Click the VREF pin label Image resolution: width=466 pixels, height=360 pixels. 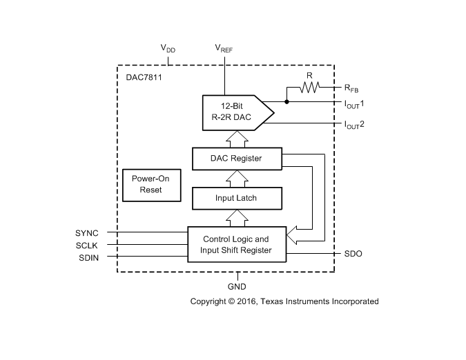click(224, 48)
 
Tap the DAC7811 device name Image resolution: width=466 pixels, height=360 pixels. click(144, 78)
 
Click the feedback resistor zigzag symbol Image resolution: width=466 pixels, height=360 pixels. click(310, 88)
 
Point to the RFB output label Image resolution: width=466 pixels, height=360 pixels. click(351, 88)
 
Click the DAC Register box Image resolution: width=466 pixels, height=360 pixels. click(236, 159)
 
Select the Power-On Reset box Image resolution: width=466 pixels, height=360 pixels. click(151, 183)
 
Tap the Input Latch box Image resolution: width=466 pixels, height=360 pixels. click(236, 198)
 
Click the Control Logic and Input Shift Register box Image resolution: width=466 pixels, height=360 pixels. click(236, 245)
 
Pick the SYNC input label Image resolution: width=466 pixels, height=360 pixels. click(87, 232)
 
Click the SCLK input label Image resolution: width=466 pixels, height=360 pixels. click(87, 245)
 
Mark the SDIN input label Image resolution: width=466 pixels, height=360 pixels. click(88, 258)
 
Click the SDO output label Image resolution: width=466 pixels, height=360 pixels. click(353, 254)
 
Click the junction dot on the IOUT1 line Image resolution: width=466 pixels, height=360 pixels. click(287, 102)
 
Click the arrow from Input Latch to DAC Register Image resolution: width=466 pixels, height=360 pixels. click(236, 178)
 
